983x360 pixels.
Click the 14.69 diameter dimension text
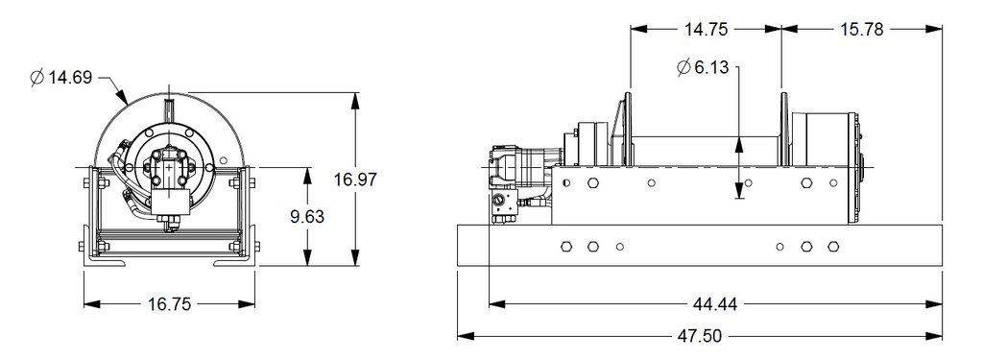click(x=69, y=78)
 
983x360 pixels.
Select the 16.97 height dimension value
click(x=355, y=180)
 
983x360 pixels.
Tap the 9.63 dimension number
click(x=307, y=216)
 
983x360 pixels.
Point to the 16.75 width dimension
click(x=169, y=304)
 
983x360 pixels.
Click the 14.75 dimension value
click(x=706, y=30)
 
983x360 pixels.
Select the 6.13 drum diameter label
click(x=711, y=67)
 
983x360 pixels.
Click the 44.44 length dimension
click(x=715, y=304)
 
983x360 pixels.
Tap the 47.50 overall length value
click(x=700, y=336)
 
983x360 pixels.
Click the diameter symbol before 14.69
click(x=36, y=78)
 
